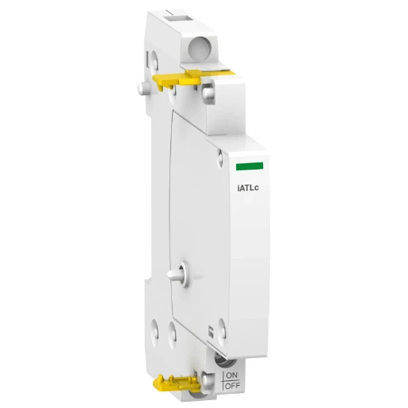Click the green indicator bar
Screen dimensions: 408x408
(249, 166)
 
